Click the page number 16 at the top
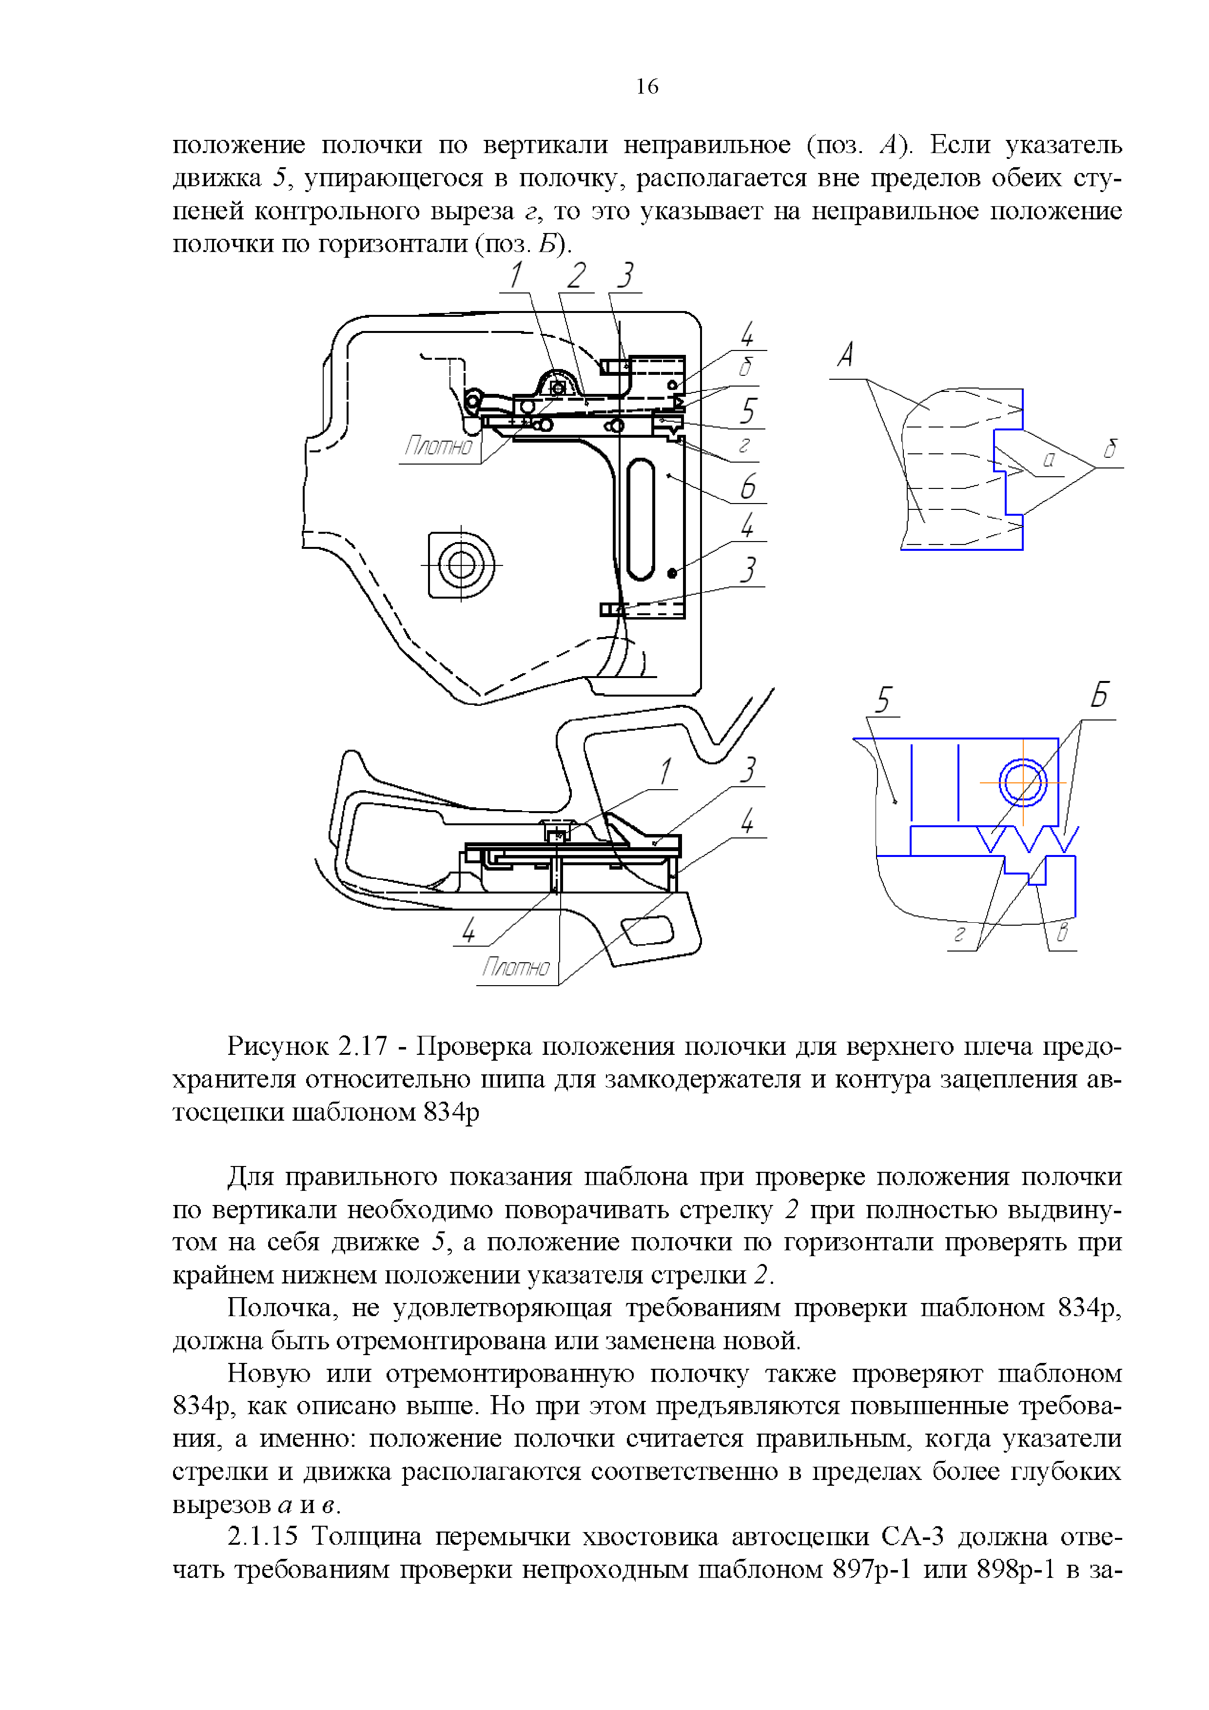click(646, 87)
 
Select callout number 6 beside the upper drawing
click(748, 486)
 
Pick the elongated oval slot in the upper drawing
click(641, 519)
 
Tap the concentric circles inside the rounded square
click(461, 564)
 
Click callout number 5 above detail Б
click(883, 700)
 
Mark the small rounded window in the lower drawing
click(647, 931)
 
